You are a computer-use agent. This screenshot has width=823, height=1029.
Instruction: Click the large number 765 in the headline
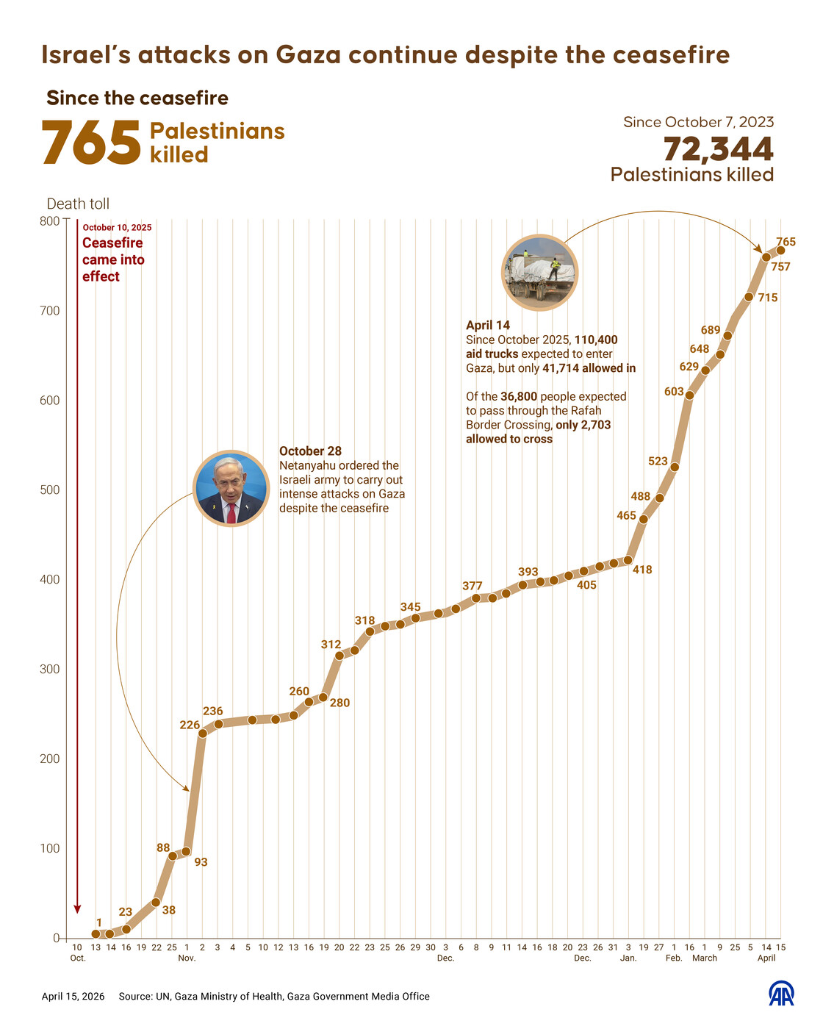tap(91, 143)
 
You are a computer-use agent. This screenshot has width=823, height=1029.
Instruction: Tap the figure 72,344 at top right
tap(718, 149)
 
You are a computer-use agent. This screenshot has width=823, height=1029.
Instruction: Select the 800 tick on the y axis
tap(50, 221)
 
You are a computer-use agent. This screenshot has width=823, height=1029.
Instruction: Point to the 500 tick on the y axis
tap(50, 490)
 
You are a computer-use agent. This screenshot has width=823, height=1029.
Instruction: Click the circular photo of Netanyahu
tap(231, 488)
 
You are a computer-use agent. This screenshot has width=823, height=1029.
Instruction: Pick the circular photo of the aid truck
tap(539, 272)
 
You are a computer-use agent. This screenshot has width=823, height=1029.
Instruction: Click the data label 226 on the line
tap(190, 725)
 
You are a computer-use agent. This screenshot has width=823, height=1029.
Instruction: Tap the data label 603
tap(674, 392)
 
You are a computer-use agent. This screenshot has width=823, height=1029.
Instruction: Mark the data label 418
tap(642, 570)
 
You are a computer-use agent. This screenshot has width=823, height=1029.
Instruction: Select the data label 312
tap(331, 645)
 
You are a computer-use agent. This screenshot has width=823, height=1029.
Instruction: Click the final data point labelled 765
tap(780, 251)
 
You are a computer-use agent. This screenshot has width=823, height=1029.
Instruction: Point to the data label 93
tap(201, 862)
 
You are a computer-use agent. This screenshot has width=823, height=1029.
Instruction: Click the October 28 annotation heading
tap(310, 451)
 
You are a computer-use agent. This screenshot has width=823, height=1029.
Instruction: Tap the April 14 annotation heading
tap(488, 325)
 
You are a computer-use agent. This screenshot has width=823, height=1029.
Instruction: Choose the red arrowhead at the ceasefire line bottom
tap(78, 909)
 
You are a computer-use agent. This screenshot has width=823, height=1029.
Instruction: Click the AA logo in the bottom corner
tap(781, 994)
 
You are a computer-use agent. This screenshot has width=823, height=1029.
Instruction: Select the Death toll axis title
tap(78, 204)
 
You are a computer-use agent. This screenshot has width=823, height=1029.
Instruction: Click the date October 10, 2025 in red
tap(117, 228)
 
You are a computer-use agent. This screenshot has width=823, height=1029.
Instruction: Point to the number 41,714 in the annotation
tap(561, 368)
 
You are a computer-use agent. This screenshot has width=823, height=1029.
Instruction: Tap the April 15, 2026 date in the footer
tap(73, 997)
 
